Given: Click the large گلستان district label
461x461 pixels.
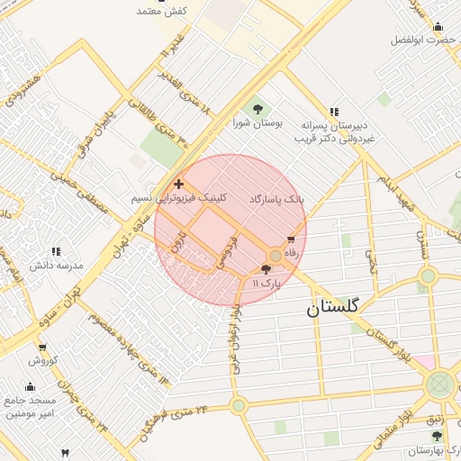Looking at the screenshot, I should pos(332,307).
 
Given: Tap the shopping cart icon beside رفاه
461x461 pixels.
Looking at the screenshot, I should pos(290,240).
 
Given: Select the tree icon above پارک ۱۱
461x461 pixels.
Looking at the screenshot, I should pos(265,268).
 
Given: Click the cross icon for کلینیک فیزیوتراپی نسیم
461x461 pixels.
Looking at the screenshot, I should pos(178,184).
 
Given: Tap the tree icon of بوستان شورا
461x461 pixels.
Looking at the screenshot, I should pos(258,109).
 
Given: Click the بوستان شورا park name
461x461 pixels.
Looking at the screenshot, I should pos(258,122).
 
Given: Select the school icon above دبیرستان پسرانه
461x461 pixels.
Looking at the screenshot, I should pos(334,113).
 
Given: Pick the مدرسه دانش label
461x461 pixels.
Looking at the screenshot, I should pos(57,266).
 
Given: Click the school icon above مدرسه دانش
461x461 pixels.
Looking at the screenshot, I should pos(56,252).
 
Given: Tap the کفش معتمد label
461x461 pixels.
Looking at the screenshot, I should pos(161,11).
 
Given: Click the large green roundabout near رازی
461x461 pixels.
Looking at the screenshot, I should pos(440,386).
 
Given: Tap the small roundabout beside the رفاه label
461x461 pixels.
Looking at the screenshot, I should pos(275,255).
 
